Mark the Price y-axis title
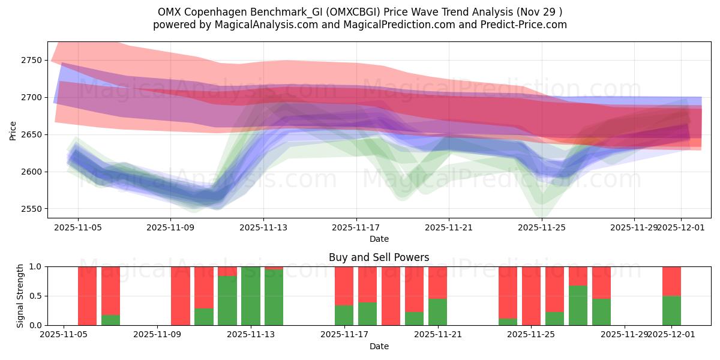13,130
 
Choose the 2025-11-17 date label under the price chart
356,227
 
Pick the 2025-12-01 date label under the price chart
680,227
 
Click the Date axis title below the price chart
379,239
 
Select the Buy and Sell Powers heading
379,257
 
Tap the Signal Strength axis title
21,295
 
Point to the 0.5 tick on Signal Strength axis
35,296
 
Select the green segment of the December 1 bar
671,311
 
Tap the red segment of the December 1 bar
671,281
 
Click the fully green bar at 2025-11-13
250,296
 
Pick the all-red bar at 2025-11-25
531,296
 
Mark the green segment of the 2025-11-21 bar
437,312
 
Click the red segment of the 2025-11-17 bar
344,286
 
